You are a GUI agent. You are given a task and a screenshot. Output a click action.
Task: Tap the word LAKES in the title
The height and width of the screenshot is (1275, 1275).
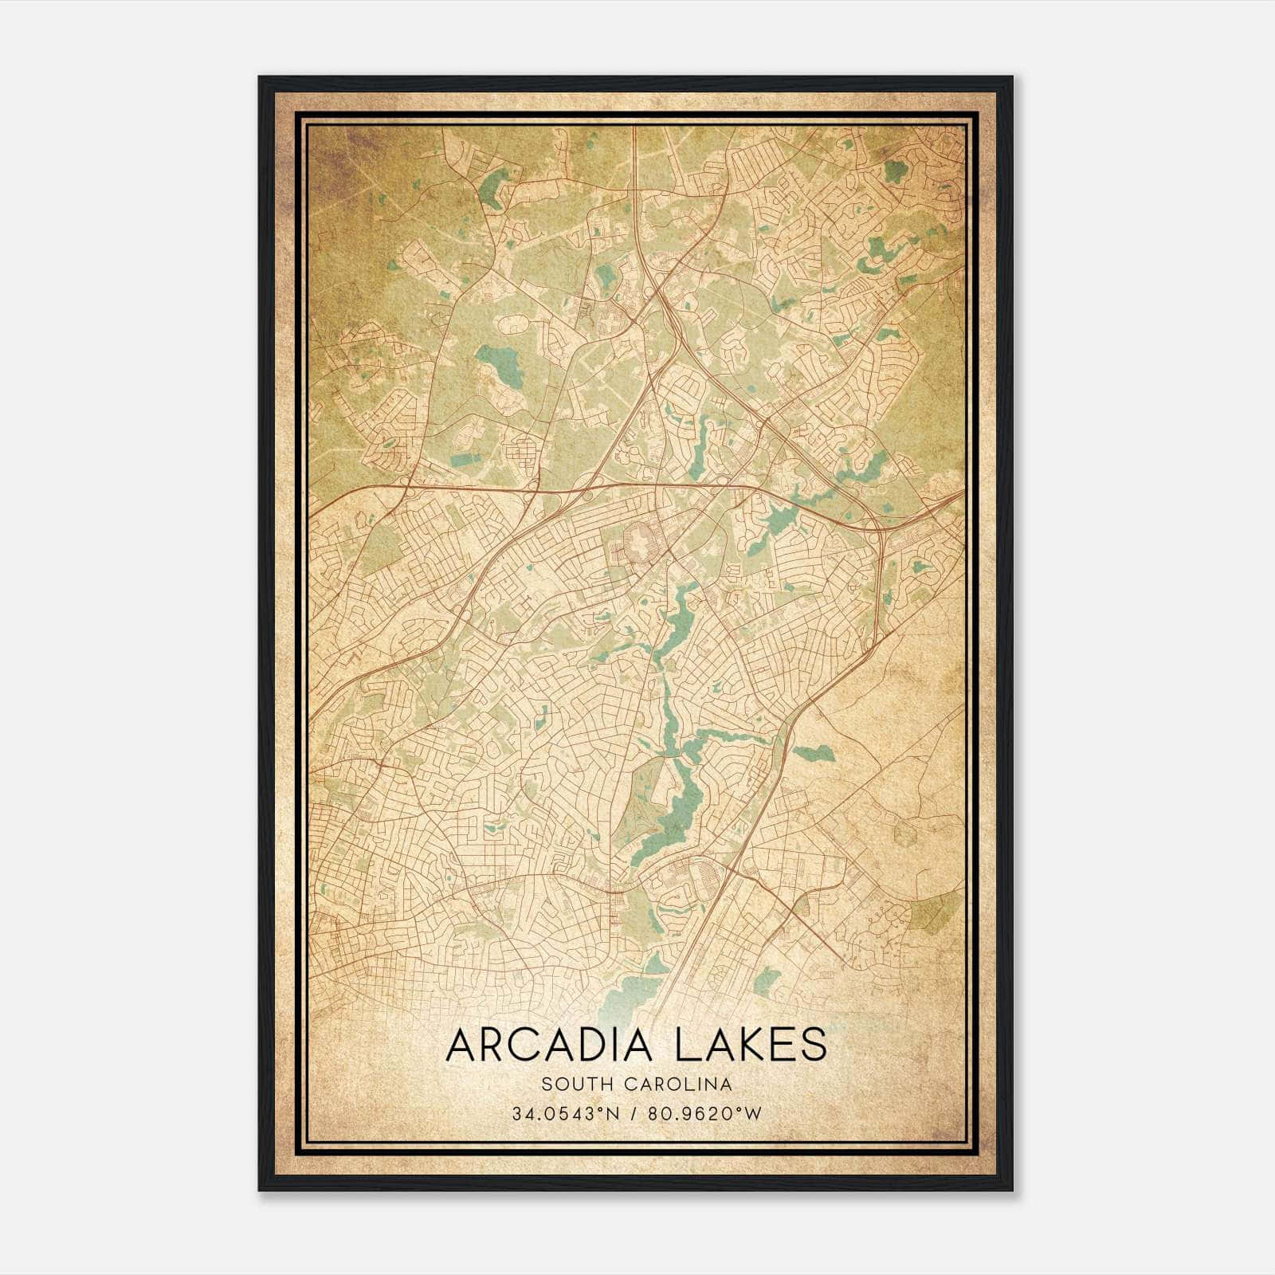coord(751,1045)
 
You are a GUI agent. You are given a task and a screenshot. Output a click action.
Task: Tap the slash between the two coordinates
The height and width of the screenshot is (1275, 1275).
coord(632,1113)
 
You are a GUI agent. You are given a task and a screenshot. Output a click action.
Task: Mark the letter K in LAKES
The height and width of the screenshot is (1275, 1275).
coord(733,1045)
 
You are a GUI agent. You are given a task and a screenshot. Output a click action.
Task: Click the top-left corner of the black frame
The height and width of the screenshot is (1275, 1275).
coord(260,78)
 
